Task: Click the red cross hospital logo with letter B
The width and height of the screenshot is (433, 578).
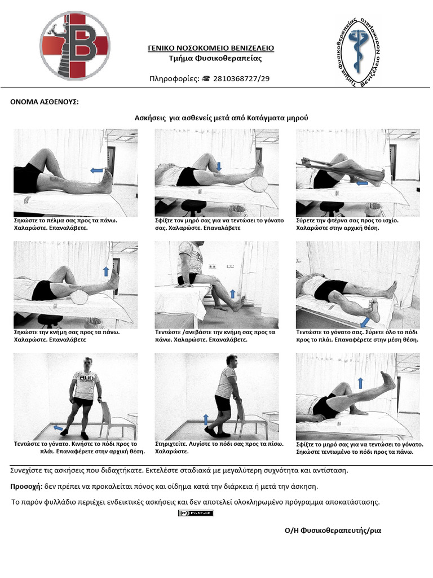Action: pos(75,45)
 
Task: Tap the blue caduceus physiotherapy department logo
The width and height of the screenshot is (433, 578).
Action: pos(359,51)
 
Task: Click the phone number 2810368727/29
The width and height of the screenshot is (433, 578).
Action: pos(241,78)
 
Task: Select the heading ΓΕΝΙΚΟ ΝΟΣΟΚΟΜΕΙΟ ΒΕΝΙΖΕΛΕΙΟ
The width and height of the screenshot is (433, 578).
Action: pos(211,48)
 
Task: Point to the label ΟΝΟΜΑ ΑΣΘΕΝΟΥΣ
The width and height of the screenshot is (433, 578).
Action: pos(44,102)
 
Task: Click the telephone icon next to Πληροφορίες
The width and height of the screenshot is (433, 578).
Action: pos(206,78)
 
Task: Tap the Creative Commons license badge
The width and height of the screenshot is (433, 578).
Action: pos(196,513)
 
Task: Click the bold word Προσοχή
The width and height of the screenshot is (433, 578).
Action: pos(26,487)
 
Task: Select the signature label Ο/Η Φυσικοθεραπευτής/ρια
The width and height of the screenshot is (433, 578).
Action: pos(333,531)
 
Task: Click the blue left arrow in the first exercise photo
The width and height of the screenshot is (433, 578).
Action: pos(97,170)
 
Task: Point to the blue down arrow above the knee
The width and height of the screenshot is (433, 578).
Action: pos(219,167)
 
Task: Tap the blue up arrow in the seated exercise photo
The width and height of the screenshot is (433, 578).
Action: pos(232,294)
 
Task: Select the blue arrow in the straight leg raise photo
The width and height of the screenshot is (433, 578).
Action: pos(360,383)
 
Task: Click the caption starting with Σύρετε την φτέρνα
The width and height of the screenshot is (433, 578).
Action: pos(347,224)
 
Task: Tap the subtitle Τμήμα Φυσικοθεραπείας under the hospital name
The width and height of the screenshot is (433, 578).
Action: pos(215,58)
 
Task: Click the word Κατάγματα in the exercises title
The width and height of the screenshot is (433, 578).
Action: pos(265,118)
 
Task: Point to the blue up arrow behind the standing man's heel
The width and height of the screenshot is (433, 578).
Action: pos(206,419)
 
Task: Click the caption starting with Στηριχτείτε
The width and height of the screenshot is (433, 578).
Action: pos(219,448)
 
